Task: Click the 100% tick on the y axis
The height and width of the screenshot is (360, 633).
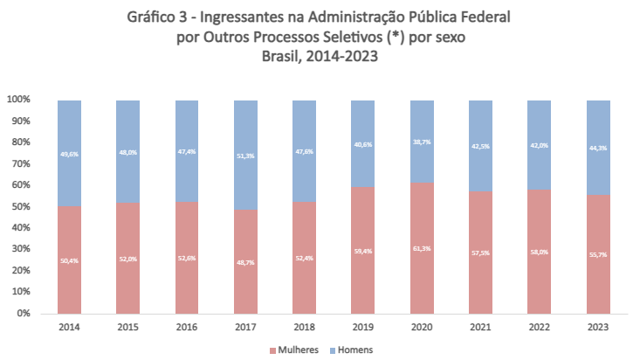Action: [x=18, y=100]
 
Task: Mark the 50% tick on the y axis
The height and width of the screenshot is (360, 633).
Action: [x=21, y=206]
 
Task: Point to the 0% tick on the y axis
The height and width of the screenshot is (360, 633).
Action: [x=24, y=313]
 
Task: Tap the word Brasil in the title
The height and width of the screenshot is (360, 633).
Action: [x=283, y=57]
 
